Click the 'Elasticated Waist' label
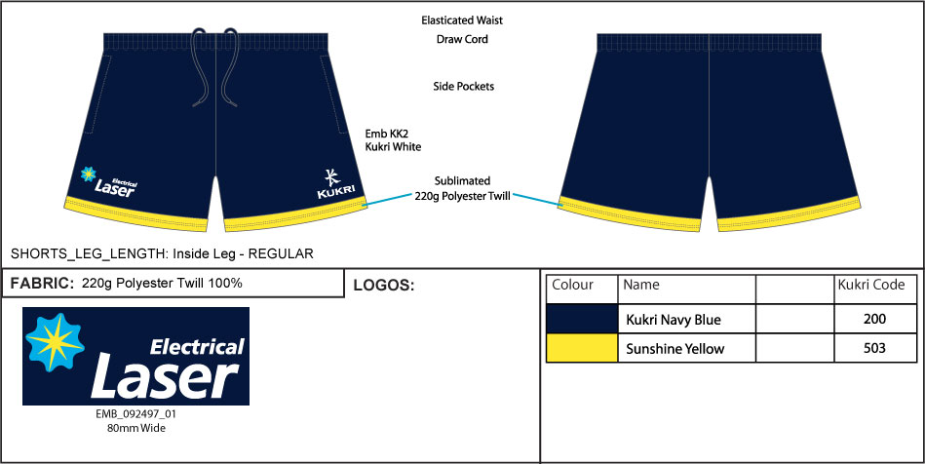462,19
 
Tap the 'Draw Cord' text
462,40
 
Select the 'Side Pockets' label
463,87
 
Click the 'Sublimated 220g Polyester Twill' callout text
463,188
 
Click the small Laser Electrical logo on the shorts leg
109,181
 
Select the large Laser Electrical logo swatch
135,356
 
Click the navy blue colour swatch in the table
582,319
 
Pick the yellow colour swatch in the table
582,348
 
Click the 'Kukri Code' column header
870,286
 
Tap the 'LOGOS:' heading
384,287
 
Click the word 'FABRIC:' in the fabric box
42,284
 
